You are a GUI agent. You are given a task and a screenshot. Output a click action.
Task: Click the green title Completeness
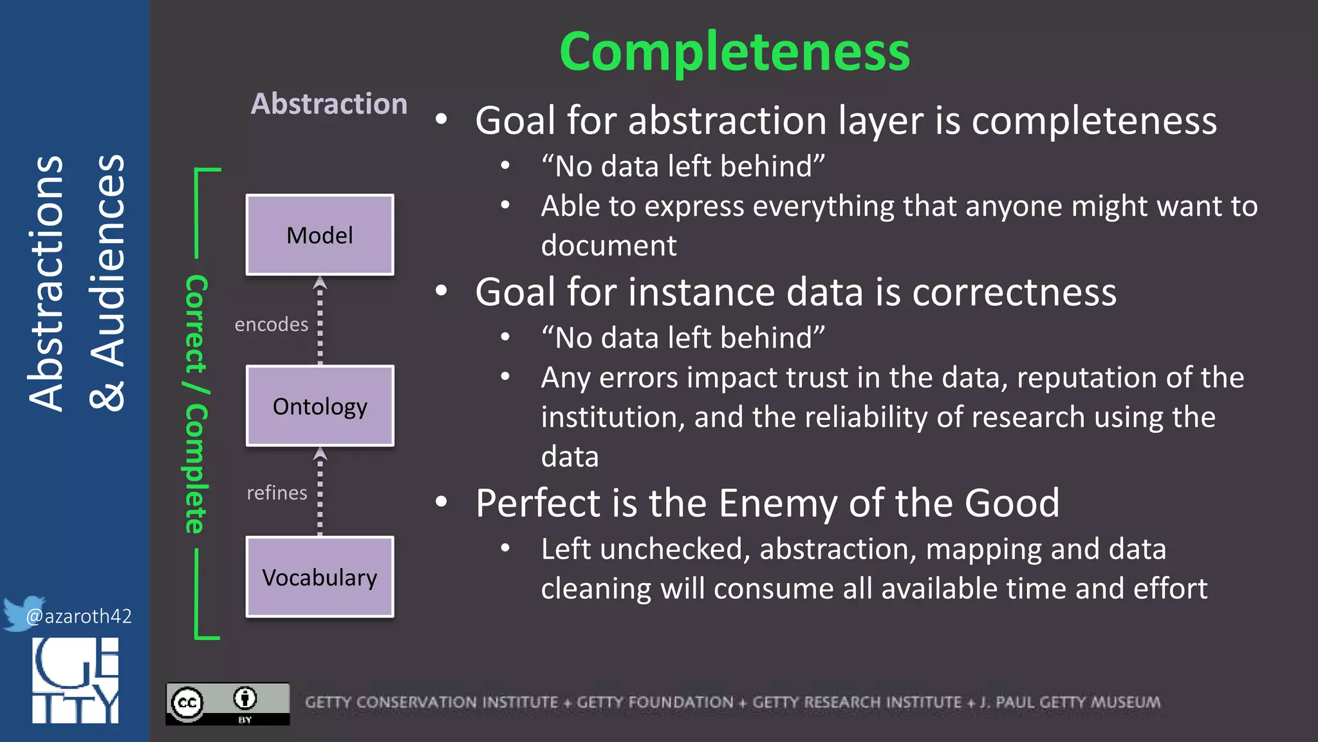(734, 52)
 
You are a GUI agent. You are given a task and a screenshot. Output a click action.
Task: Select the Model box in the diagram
(320, 235)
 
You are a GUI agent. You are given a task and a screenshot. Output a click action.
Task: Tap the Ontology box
(320, 406)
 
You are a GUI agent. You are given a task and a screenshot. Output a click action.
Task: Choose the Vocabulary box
(320, 577)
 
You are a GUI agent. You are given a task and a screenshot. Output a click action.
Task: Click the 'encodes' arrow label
(271, 324)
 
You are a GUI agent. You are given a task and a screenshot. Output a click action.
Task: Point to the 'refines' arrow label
(277, 493)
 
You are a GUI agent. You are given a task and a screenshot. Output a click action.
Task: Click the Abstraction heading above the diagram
(329, 104)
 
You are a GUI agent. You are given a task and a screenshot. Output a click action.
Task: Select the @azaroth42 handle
(79, 616)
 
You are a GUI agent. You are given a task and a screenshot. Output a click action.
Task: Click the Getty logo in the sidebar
(75, 680)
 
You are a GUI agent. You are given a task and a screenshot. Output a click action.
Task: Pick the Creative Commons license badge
(227, 703)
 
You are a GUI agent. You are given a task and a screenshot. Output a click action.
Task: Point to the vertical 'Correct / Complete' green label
(196, 404)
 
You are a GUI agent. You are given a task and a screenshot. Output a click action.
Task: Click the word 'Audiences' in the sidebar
(107, 283)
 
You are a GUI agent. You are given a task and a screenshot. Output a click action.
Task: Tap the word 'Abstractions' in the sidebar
(46, 283)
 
